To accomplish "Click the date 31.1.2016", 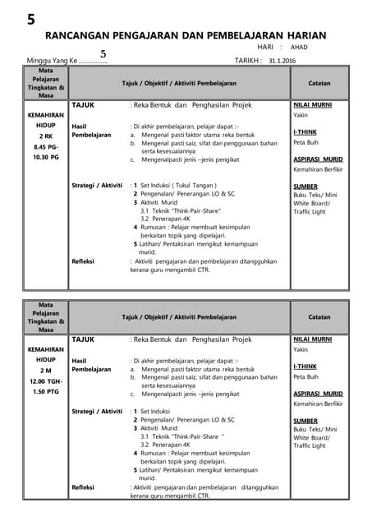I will (x=281, y=61).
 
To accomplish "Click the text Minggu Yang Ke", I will (x=51, y=62).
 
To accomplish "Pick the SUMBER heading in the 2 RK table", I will (x=305, y=187).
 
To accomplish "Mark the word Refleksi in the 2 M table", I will (x=83, y=487).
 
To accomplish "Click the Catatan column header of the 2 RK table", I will (x=319, y=83).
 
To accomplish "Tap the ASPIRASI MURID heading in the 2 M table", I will (x=318, y=394).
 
